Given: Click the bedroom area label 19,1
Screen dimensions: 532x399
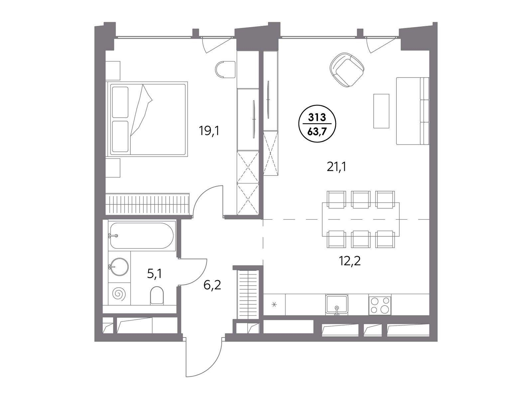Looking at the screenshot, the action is [x=209, y=131].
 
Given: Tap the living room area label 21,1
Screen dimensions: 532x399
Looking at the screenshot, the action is [x=336, y=167].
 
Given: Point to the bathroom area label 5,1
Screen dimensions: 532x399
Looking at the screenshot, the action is [x=154, y=274].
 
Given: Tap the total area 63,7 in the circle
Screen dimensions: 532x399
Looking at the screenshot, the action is [x=317, y=132].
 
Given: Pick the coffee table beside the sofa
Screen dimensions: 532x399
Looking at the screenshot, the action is [x=381, y=111].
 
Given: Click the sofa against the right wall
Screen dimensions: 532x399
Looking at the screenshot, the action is [x=413, y=111].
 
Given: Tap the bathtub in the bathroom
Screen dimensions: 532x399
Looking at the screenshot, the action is [x=142, y=235].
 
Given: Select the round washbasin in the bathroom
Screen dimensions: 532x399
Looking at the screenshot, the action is [x=119, y=267].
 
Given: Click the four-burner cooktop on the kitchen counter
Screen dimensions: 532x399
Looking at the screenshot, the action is [x=380, y=305].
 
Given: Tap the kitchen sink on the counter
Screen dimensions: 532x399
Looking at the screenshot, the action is [x=336, y=304].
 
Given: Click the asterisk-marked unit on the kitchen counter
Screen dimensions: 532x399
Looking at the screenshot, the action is [x=274, y=305].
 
